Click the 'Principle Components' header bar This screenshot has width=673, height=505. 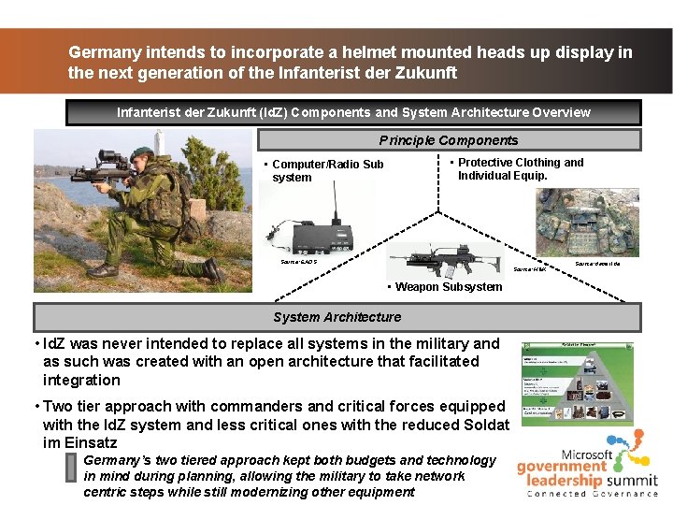[x=449, y=140]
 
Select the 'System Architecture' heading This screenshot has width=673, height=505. [x=336, y=317]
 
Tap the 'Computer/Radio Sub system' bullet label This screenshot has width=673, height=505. [x=327, y=170]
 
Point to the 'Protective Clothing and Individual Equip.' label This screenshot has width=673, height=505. [x=520, y=168]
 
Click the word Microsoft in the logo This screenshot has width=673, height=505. [x=586, y=454]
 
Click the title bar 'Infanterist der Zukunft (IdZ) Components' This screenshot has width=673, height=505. [x=353, y=112]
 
